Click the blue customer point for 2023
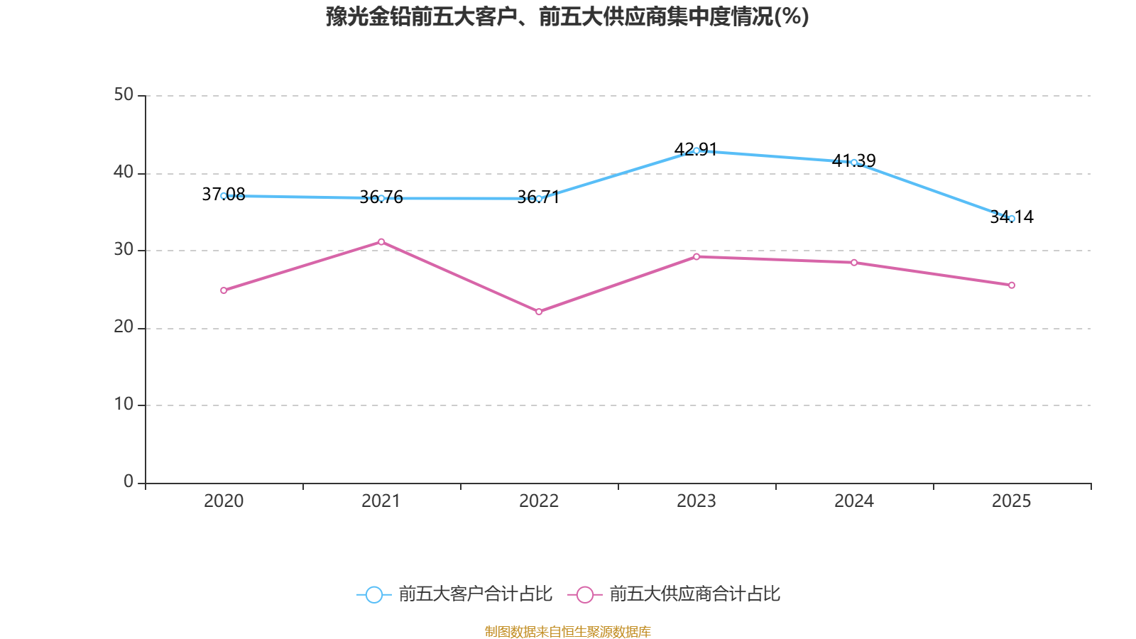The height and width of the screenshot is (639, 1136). click(697, 151)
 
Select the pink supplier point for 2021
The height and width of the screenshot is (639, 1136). click(381, 241)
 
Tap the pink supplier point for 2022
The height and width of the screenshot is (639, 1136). click(539, 312)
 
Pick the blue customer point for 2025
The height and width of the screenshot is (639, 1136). click(1012, 219)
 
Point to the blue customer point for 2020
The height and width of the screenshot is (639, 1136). click(224, 195)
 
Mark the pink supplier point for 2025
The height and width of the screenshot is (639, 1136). click(1012, 285)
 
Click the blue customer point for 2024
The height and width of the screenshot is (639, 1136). click(854, 163)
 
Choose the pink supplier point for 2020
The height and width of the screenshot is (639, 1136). click(224, 290)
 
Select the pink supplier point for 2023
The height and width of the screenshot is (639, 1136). click(697, 256)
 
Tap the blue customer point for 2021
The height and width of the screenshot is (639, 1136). click(381, 198)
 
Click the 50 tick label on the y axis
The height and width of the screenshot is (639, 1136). click(124, 94)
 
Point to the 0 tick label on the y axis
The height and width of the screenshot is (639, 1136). click(129, 481)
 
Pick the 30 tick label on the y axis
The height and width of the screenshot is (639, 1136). click(124, 249)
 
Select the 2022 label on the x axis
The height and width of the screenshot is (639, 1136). click(539, 501)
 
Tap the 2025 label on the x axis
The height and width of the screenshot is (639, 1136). click(1011, 501)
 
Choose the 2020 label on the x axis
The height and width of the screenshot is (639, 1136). click(224, 501)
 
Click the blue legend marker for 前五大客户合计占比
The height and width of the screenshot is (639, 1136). click(373, 594)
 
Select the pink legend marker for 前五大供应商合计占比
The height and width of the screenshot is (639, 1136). click(584, 594)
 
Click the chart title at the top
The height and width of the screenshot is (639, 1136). click(567, 16)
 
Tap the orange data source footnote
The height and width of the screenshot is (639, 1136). click(567, 631)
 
